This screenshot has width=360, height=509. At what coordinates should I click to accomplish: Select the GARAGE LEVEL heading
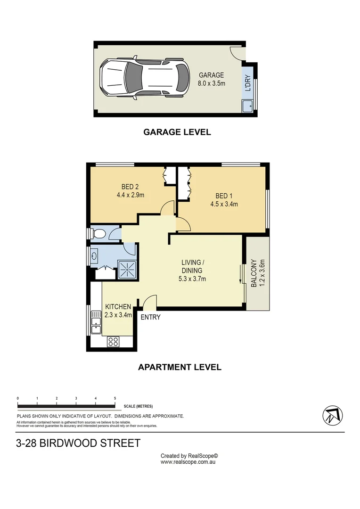coord(177,132)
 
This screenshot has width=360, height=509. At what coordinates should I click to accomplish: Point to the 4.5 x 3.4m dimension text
coord(224,205)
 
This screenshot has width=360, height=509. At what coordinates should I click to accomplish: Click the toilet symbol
coord(98,234)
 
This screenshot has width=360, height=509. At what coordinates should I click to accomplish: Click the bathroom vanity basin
coord(95,256)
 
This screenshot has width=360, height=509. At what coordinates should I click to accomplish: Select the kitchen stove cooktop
coord(113,342)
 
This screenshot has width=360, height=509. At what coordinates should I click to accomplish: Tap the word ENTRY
coord(150,317)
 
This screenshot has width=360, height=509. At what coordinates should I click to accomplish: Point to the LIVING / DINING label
coord(193,266)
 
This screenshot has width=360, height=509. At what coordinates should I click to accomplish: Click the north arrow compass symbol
coord(333,415)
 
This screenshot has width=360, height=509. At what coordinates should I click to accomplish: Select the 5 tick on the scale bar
coord(115,399)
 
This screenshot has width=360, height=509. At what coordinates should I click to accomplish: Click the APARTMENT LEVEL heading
coord(179,367)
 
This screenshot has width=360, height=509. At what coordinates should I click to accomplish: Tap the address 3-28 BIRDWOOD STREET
coord(78,443)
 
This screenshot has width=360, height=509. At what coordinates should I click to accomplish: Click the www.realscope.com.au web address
coord(188,462)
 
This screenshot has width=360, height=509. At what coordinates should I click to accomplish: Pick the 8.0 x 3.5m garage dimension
coord(212,83)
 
